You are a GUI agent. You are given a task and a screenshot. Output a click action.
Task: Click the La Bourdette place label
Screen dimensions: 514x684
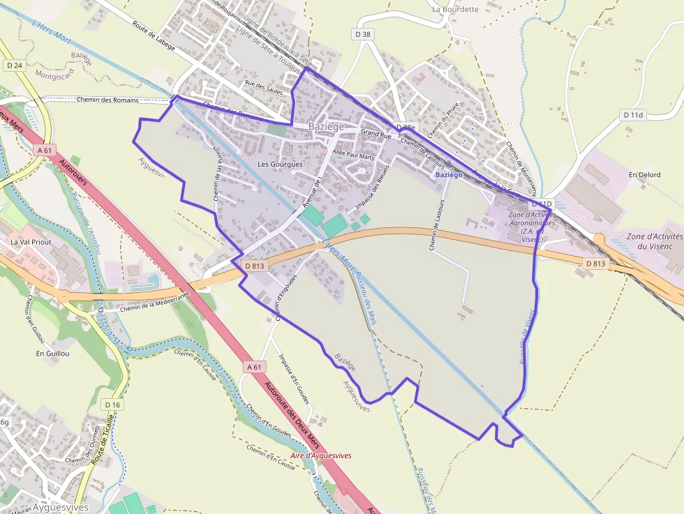(455, 9)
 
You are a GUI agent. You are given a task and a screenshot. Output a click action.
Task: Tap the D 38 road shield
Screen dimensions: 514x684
(362, 33)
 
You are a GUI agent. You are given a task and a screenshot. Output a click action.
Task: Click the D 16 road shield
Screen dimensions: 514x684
(112, 405)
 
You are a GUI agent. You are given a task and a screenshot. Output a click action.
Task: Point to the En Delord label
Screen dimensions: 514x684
(644, 174)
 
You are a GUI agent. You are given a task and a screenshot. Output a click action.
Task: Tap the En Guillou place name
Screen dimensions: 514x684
(53, 354)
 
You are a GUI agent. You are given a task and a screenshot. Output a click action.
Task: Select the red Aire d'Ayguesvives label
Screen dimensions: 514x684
(321, 455)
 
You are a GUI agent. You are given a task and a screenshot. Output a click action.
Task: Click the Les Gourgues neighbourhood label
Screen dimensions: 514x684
(280, 164)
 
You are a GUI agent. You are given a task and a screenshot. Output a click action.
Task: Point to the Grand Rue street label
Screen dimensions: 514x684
(376, 134)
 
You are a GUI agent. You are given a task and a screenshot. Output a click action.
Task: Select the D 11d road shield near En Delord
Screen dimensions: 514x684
(634, 114)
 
